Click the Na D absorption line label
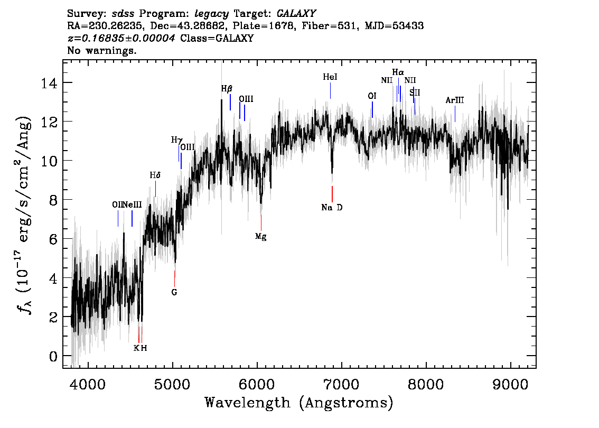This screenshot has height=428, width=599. pos(332,208)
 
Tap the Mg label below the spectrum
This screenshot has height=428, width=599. pos(260,236)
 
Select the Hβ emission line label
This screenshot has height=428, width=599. pos(227,89)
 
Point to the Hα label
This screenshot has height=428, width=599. pos(398,72)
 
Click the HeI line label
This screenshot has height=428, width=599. pos(330,77)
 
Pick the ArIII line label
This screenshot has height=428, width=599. pos(454,100)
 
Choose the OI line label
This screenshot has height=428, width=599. pos(372,96)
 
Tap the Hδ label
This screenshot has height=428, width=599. pos(155,175)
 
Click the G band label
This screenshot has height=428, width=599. pos(174,292)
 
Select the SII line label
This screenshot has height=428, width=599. pos(415,92)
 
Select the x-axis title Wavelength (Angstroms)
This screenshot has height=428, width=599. pos(299,403)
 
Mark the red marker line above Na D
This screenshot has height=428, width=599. pos(332,193)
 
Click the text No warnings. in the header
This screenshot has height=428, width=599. pos(102,51)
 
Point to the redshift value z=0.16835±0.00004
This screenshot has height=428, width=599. pos(122,38)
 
